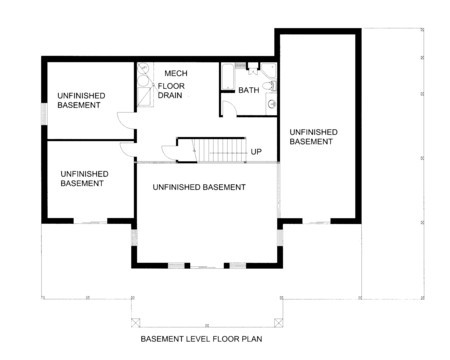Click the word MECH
[176, 73]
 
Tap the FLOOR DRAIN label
[171, 91]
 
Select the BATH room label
[249, 90]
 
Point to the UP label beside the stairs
[256, 152]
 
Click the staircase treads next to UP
[220, 150]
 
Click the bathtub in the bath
[228, 76]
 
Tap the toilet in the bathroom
[269, 86]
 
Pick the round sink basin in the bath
[272, 104]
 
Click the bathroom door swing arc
[231, 107]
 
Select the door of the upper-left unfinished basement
[126, 121]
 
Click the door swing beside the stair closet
[169, 153]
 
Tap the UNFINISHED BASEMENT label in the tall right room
[313, 137]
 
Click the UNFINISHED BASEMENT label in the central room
[199, 187]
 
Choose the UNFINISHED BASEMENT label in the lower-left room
[84, 178]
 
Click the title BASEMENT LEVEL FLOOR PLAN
[201, 339]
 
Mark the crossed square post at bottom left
[136, 323]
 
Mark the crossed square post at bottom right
[278, 323]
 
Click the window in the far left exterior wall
[44, 113]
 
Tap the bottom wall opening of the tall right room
[316, 221]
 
